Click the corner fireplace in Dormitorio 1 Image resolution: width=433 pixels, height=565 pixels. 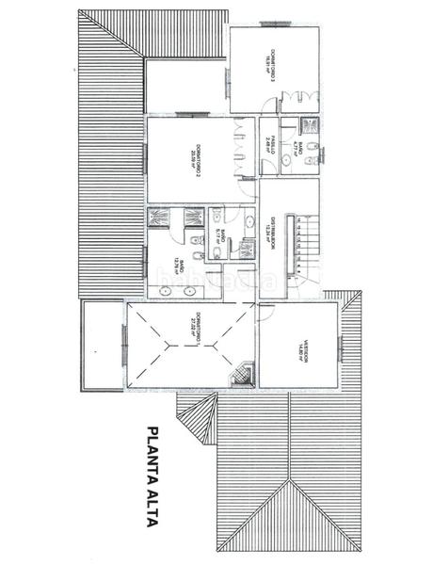click(242, 374)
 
